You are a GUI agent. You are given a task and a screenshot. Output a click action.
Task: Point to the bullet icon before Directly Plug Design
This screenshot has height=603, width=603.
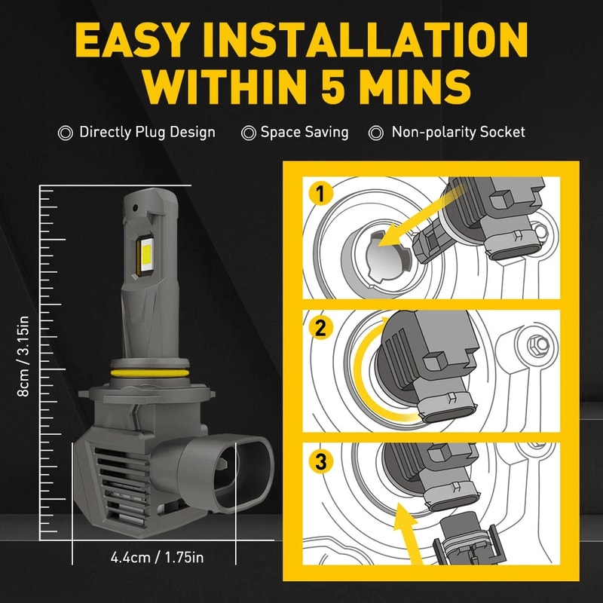pyautogui.click(x=66, y=133)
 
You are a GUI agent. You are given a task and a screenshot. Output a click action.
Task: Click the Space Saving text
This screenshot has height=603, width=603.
pyautogui.click(x=305, y=133)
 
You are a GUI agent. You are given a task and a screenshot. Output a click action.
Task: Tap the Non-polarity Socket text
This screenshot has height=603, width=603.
pyautogui.click(x=458, y=133)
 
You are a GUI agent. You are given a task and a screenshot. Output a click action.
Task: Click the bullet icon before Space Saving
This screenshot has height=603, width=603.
pyautogui.click(x=248, y=133)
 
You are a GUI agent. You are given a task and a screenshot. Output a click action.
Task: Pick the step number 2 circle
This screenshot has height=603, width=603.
pyautogui.click(x=320, y=329)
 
